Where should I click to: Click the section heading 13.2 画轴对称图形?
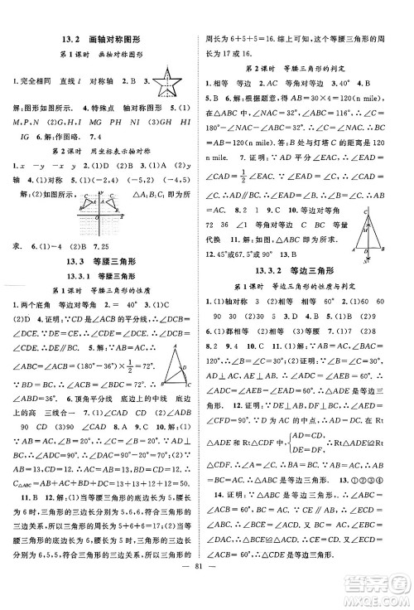[103, 37]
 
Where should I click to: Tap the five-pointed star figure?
[171, 81]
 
